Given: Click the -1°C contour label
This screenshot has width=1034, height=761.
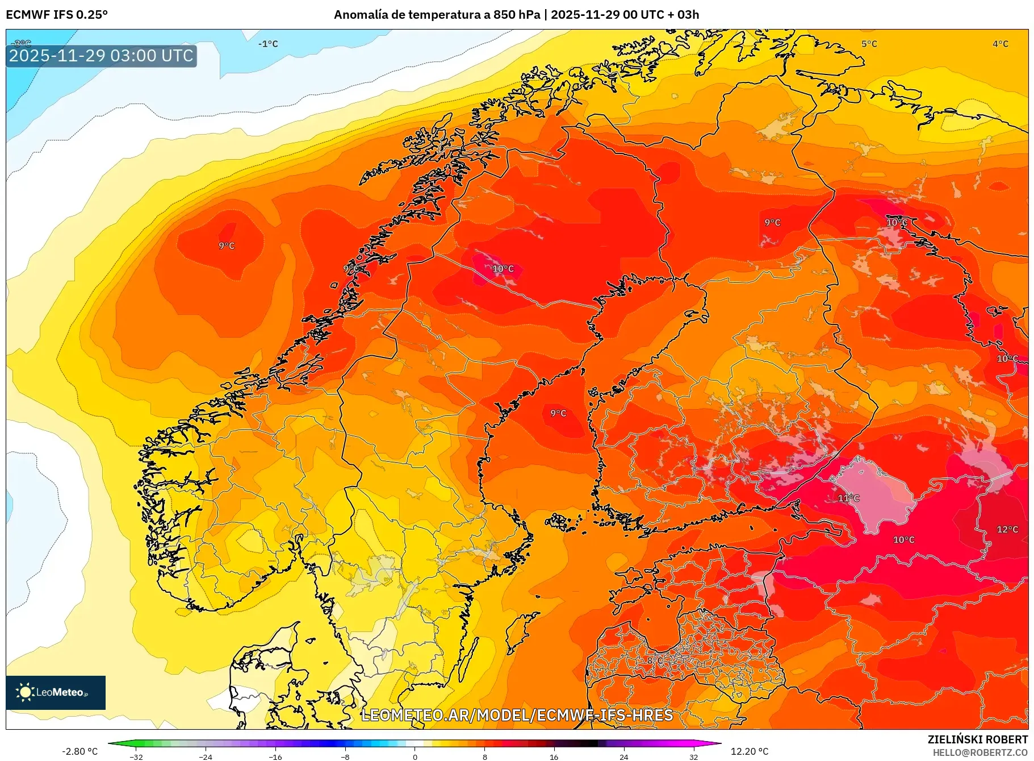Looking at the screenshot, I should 268,44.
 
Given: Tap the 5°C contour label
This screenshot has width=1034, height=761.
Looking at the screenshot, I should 869,44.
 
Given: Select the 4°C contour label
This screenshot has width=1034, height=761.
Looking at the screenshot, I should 1000,44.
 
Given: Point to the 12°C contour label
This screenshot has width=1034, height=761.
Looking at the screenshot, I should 1007,529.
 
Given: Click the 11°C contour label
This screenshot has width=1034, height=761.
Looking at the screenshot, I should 849,498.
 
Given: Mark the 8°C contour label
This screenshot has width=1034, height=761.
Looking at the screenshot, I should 655,660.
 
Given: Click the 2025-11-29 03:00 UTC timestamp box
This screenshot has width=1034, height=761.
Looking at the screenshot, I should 101,56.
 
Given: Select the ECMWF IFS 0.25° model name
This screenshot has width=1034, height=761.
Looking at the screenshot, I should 57,15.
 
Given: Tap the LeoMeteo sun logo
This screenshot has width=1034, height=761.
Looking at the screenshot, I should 25,692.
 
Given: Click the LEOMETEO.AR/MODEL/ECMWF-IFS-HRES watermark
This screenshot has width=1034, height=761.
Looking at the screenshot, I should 517,715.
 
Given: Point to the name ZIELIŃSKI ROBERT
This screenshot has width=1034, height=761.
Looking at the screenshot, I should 977,739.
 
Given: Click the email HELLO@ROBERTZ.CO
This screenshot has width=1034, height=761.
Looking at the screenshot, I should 980,752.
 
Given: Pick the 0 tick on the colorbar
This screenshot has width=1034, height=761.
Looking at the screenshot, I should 415,756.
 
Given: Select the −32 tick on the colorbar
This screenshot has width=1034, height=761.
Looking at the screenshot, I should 136,756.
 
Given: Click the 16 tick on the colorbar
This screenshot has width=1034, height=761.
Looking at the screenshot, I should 554,756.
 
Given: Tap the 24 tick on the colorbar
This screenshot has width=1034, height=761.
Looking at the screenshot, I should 623,756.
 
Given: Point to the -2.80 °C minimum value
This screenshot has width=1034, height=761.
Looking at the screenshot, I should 80,751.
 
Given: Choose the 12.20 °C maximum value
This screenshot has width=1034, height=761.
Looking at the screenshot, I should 750,751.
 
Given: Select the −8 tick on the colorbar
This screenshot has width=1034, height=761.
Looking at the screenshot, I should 345,756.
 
